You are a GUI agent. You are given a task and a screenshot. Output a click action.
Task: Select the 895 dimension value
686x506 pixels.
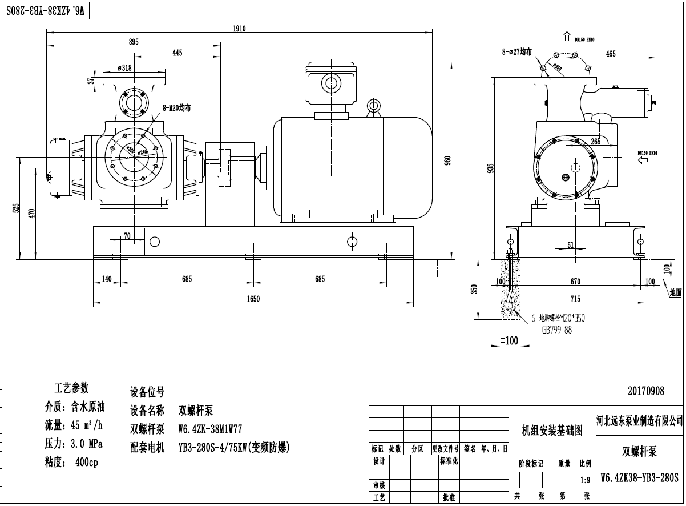pyautogui.click(x=134, y=42)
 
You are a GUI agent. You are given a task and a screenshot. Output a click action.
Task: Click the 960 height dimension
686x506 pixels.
pyautogui.click(x=448, y=160)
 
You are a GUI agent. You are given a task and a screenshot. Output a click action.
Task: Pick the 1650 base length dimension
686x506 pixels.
pyautogui.click(x=253, y=299)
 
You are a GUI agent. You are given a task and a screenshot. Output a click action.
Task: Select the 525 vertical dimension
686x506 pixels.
pyautogui.click(x=16, y=210)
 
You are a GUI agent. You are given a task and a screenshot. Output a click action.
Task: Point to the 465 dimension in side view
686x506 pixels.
pyautogui.click(x=611, y=54)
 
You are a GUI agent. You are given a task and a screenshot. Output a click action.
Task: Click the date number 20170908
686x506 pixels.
pyautogui.click(x=646, y=391)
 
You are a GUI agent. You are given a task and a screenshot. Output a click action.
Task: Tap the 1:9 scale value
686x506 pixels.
pyautogui.click(x=584, y=480)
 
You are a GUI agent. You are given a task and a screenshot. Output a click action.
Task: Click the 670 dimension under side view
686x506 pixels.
pyautogui.click(x=575, y=282)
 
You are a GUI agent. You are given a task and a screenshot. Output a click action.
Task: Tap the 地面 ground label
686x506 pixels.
pyautogui.click(x=675, y=292)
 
